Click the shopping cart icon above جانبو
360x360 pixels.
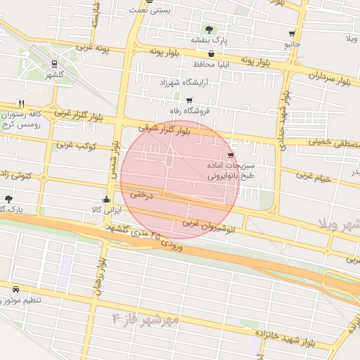pos(292,33)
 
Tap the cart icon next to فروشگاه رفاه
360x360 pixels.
pos(188,100)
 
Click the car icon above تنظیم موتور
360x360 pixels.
pos(16,289)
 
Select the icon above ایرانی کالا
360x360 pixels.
pos(106,199)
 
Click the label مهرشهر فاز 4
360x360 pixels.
pos(146,320)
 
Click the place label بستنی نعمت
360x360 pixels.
pos(152,10)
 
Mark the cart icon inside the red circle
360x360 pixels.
pos(231,155)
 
